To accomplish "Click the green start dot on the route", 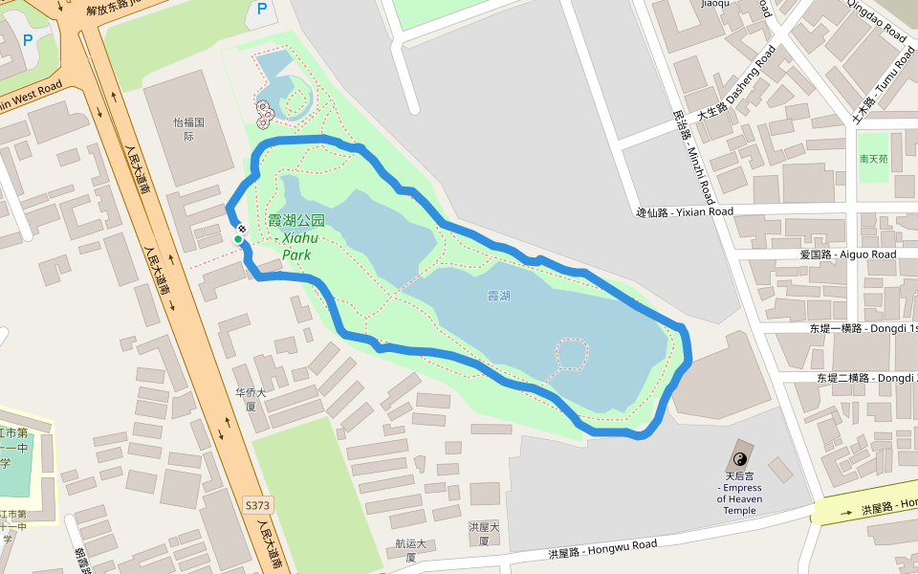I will pyautogui.click(x=237, y=239).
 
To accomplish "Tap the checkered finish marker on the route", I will pyautogui.click(x=243, y=229).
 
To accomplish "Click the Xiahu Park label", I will pyautogui.click(x=296, y=237).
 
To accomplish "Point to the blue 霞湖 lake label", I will pyautogui.click(x=498, y=297).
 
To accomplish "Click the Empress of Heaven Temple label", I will pyautogui.click(x=739, y=493).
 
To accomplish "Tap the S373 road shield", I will pyautogui.click(x=257, y=504).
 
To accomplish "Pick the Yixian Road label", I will pyautogui.click(x=685, y=211).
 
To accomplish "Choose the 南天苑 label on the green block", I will pyautogui.click(x=873, y=159).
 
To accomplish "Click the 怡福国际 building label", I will pyautogui.click(x=189, y=129).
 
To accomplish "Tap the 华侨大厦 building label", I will pyautogui.click(x=251, y=399).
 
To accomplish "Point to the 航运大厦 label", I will pyautogui.click(x=410, y=550).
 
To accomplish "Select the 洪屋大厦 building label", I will pyautogui.click(x=484, y=534).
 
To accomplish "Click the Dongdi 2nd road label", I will pyautogui.click(x=865, y=378).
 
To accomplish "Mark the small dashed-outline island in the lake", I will pyautogui.click(x=572, y=354).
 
